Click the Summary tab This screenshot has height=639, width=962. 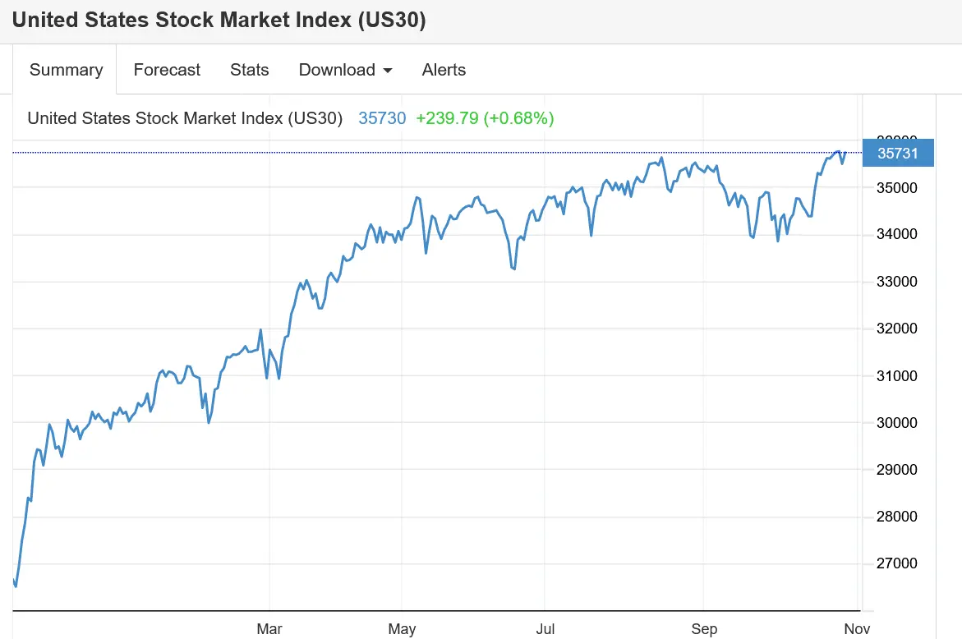(66, 70)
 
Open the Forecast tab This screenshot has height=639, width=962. (167, 70)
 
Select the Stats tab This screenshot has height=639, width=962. (249, 70)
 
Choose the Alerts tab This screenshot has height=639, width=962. (444, 70)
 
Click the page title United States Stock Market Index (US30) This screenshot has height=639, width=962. (219, 21)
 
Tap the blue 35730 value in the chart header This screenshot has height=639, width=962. (382, 118)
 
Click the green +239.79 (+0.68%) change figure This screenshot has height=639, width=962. (485, 118)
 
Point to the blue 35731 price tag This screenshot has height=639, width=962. (897, 154)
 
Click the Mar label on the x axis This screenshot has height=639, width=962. (269, 629)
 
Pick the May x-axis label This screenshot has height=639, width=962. (402, 629)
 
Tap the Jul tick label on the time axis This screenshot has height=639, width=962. (545, 629)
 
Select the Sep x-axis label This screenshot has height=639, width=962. (704, 629)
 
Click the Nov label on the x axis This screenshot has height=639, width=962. (857, 629)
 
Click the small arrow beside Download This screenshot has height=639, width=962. (388, 71)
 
